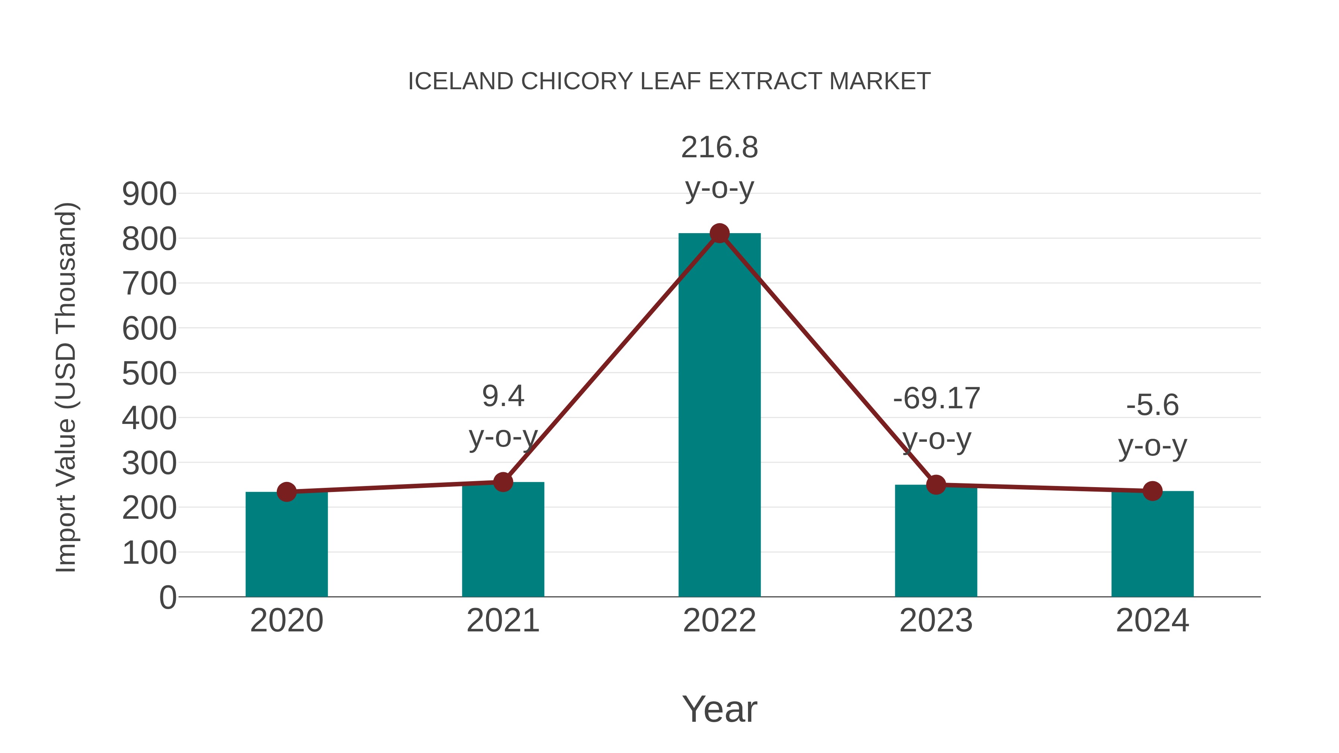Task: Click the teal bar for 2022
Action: pyautogui.click(x=719, y=416)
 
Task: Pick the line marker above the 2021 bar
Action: pyautogui.click(x=502, y=482)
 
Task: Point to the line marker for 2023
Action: pyautogui.click(x=936, y=485)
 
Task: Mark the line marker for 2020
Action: pyautogui.click(x=286, y=492)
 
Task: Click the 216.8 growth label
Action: pyautogui.click(x=719, y=148)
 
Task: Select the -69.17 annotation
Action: pyautogui.click(x=936, y=399)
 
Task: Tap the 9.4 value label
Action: pyautogui.click(x=502, y=396)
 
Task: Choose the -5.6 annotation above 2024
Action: pyautogui.click(x=1152, y=405)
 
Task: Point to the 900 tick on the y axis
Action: pyautogui.click(x=149, y=194)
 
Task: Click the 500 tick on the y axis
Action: pyautogui.click(x=149, y=374)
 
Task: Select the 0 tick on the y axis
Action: pyautogui.click(x=167, y=598)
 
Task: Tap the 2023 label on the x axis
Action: pyautogui.click(x=936, y=621)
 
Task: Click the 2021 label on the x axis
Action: pyautogui.click(x=502, y=621)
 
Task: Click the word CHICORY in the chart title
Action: pyautogui.click(x=577, y=81)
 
